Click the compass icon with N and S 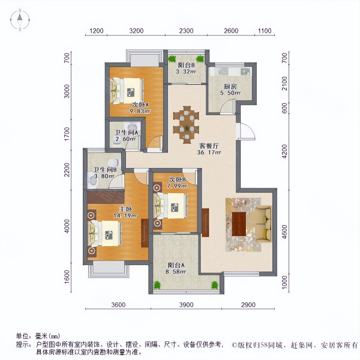coord(20,20)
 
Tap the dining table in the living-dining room coord(186,123)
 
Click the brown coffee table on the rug coord(239,224)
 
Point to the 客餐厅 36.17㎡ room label coord(209,149)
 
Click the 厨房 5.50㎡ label coord(230,89)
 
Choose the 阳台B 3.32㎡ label coord(186,68)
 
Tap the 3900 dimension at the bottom coord(186,305)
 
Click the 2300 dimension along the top coord(186,31)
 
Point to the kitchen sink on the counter coord(246,71)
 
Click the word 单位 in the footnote coord(23,336)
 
